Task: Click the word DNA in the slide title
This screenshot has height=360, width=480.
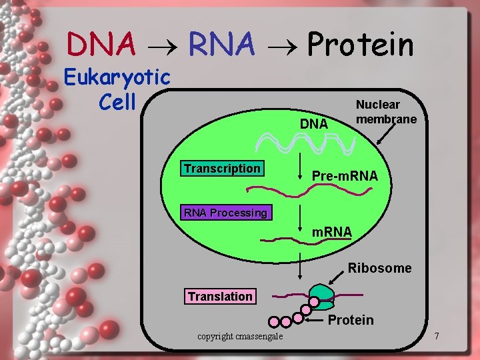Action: click(101, 45)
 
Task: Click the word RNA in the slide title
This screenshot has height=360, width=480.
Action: click(222, 45)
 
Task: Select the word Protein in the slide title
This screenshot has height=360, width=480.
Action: click(361, 45)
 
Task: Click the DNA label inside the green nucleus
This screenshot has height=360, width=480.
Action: click(313, 124)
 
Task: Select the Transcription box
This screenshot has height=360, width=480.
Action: click(222, 169)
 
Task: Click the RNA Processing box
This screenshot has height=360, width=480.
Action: click(225, 213)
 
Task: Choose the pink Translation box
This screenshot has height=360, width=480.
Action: click(220, 296)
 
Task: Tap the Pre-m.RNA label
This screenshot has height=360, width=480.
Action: click(345, 176)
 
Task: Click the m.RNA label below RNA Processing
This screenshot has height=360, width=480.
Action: click(332, 231)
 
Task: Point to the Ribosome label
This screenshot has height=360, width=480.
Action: click(379, 268)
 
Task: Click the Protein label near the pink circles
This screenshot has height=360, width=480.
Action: click(351, 320)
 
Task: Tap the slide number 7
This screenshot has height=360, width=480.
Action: click(436, 335)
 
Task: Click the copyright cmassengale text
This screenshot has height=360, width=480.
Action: click(240, 336)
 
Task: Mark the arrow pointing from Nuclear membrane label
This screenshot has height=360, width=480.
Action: click(385, 135)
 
